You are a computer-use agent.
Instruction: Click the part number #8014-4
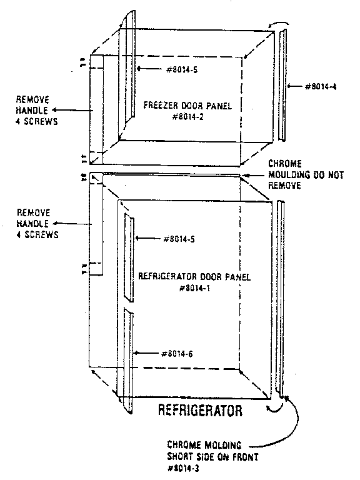click(x=321, y=87)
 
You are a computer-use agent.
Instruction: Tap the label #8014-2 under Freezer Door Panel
click(x=188, y=117)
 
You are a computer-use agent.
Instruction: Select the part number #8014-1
click(x=194, y=288)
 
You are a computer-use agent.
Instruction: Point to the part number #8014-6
click(x=177, y=354)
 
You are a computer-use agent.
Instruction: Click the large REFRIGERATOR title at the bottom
click(x=200, y=410)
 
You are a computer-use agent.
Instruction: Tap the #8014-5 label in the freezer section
click(x=182, y=70)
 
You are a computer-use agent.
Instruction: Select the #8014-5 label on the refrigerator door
click(x=179, y=239)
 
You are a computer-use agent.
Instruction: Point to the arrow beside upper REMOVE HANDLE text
click(x=72, y=110)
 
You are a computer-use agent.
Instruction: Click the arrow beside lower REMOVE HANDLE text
click(x=72, y=224)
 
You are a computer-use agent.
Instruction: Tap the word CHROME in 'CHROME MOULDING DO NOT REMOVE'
click(x=285, y=164)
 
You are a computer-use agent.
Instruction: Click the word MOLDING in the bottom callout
click(x=223, y=445)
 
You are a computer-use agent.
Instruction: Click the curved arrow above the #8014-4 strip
click(x=279, y=24)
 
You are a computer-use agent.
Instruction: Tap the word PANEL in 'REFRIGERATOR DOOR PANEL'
click(x=238, y=277)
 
